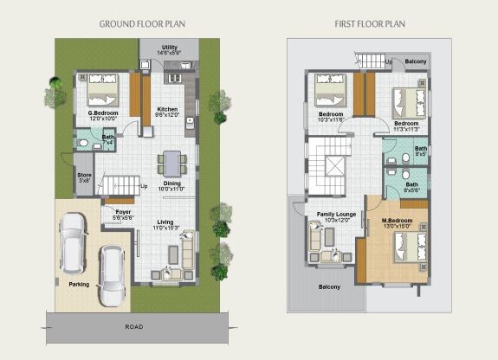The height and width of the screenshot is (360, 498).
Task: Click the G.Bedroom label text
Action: (102, 116)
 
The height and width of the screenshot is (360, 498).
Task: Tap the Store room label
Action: (84, 177)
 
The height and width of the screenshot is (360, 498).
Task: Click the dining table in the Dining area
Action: (171, 163)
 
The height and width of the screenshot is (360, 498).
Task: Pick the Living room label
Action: (165, 225)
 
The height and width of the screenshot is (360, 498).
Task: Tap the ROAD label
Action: (133, 328)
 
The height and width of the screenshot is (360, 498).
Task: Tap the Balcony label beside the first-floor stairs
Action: (415, 62)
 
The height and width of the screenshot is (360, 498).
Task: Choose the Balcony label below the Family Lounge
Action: (329, 286)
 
